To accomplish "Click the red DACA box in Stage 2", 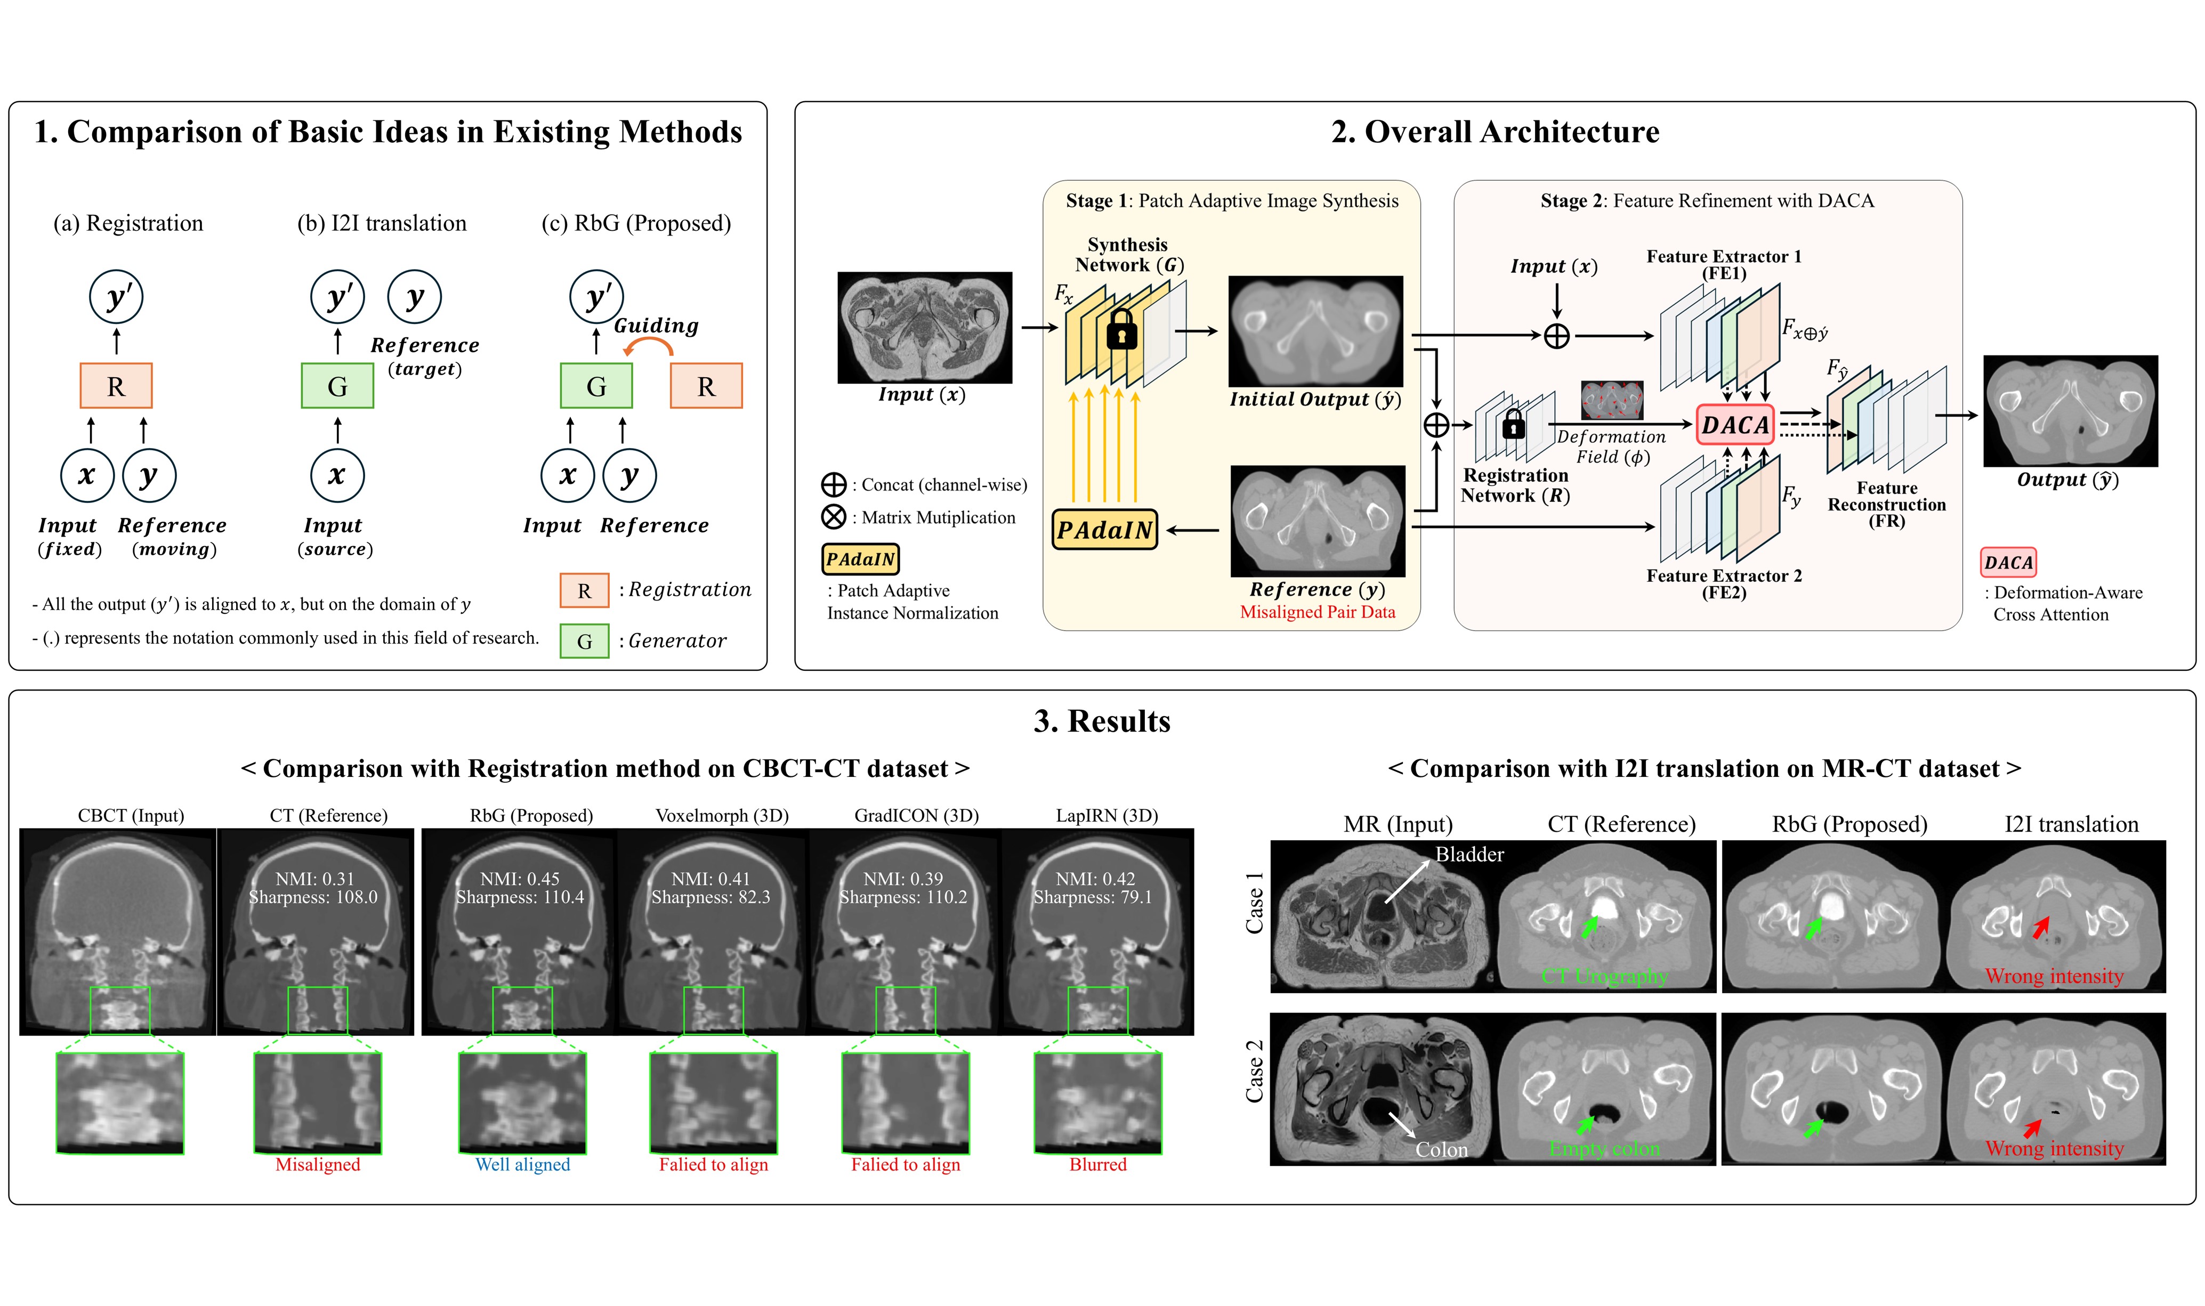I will [1734, 425].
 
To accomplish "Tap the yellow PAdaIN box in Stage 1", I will [1105, 530].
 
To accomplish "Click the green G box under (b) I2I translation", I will [337, 385].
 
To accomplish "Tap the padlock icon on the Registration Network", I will [1513, 425].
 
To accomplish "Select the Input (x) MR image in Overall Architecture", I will [924, 327].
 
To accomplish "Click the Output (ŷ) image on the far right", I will [2070, 411].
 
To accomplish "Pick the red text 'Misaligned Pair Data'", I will [1317, 613].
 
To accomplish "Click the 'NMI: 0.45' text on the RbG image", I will [519, 878].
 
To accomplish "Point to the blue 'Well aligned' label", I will [523, 1164].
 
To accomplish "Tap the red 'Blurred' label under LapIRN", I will [1097, 1164].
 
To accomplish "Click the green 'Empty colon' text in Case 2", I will [1604, 1148].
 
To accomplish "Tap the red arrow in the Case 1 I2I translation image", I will [2040, 927].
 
